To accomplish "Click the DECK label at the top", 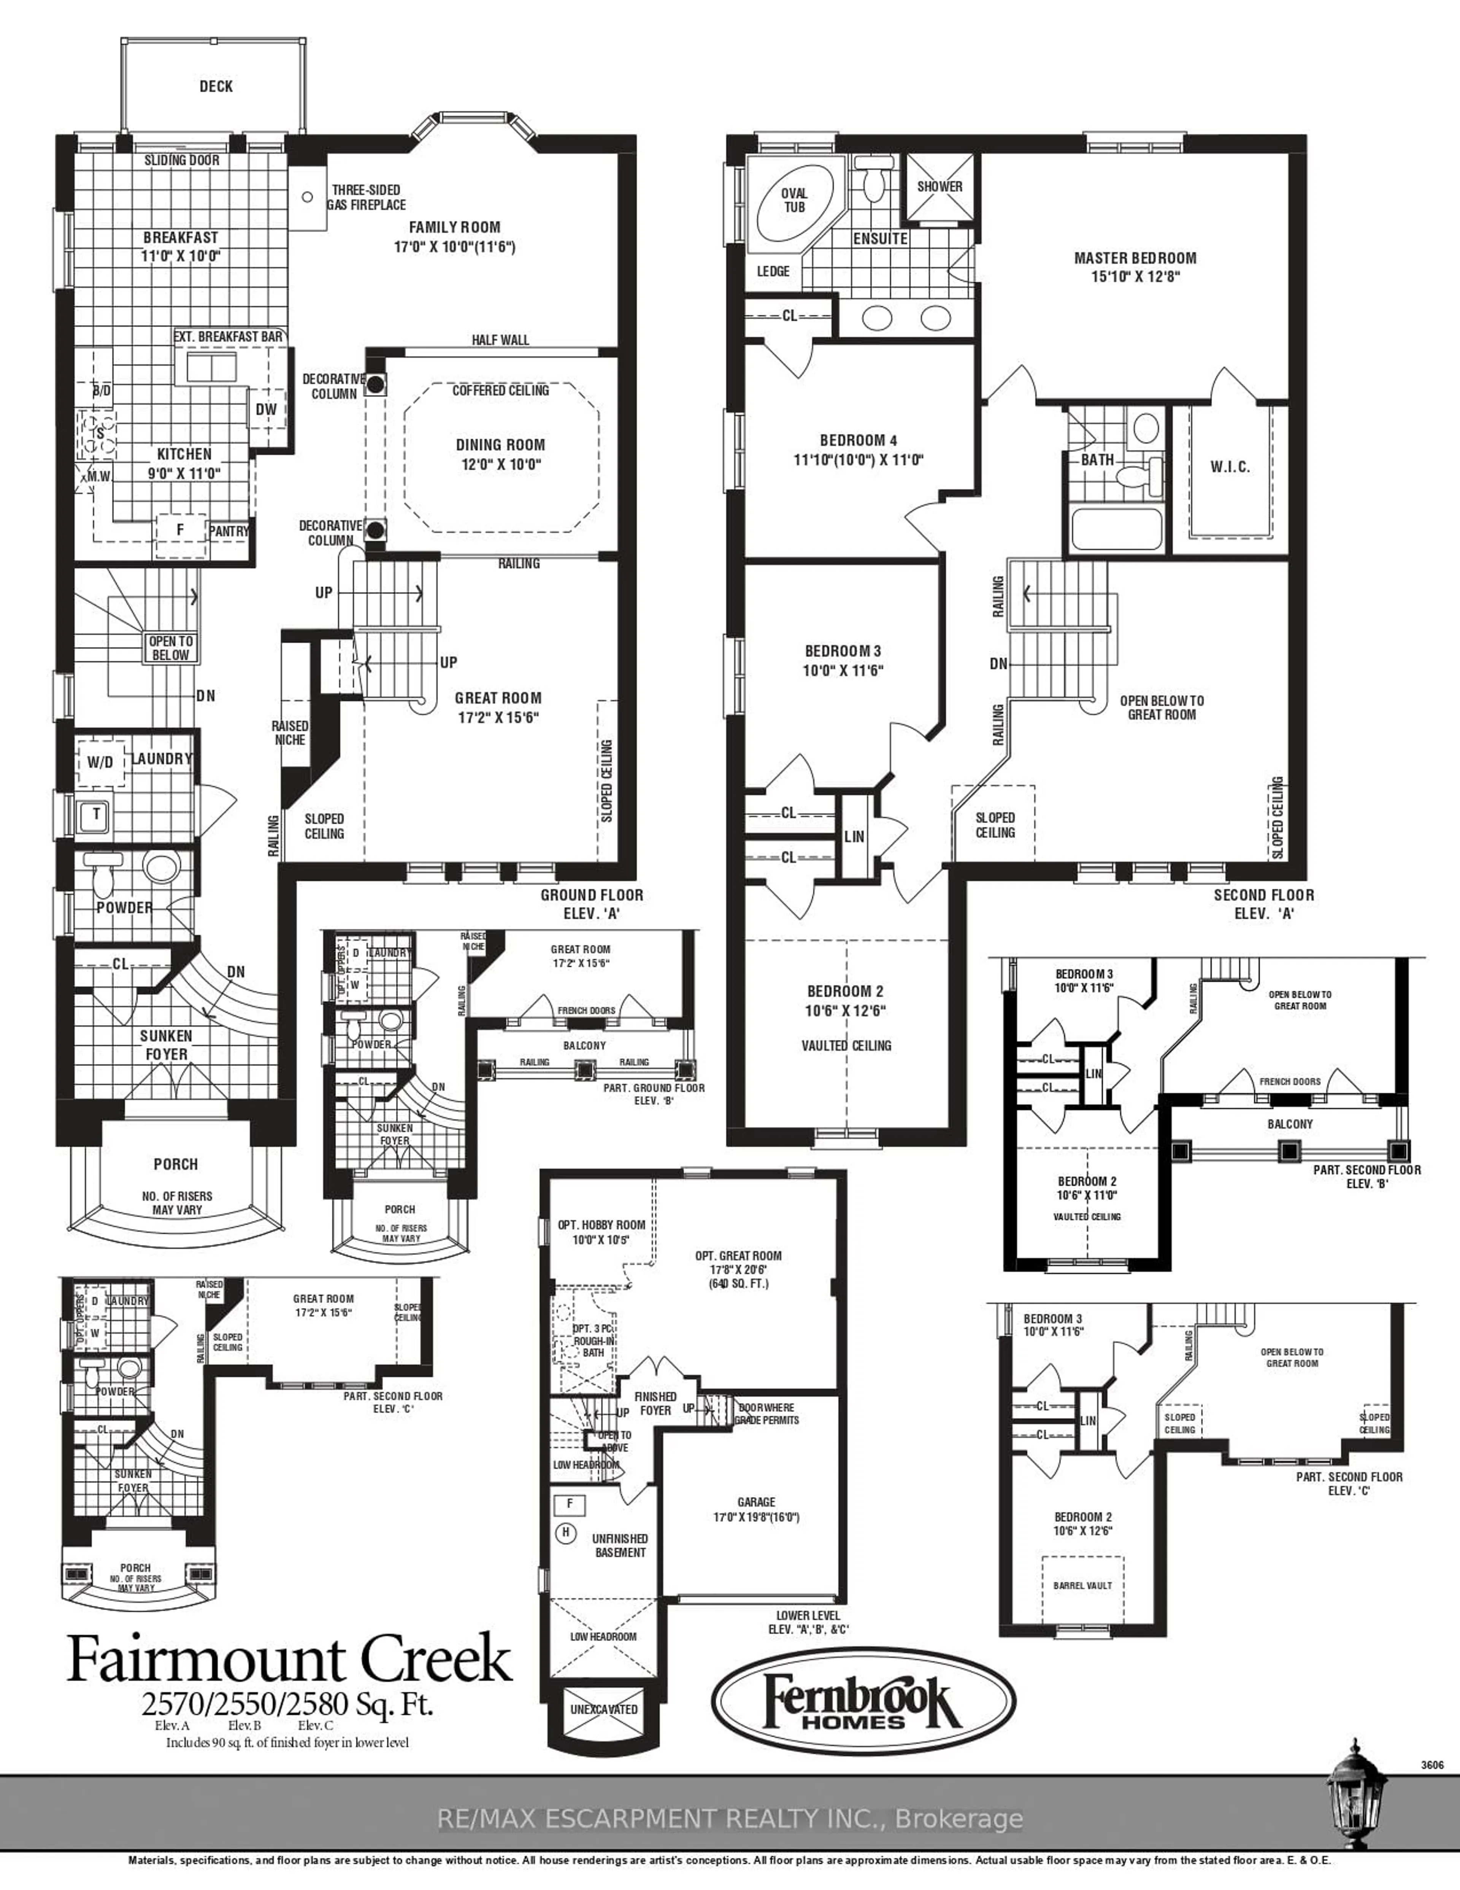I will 215,87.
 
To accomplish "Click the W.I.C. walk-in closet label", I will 1230,467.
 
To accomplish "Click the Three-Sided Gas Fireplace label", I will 367,197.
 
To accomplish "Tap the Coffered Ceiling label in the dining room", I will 501,391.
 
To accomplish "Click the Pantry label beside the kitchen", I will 229,531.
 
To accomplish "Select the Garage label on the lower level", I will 756,1502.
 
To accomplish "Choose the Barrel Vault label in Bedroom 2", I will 1083,1585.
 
